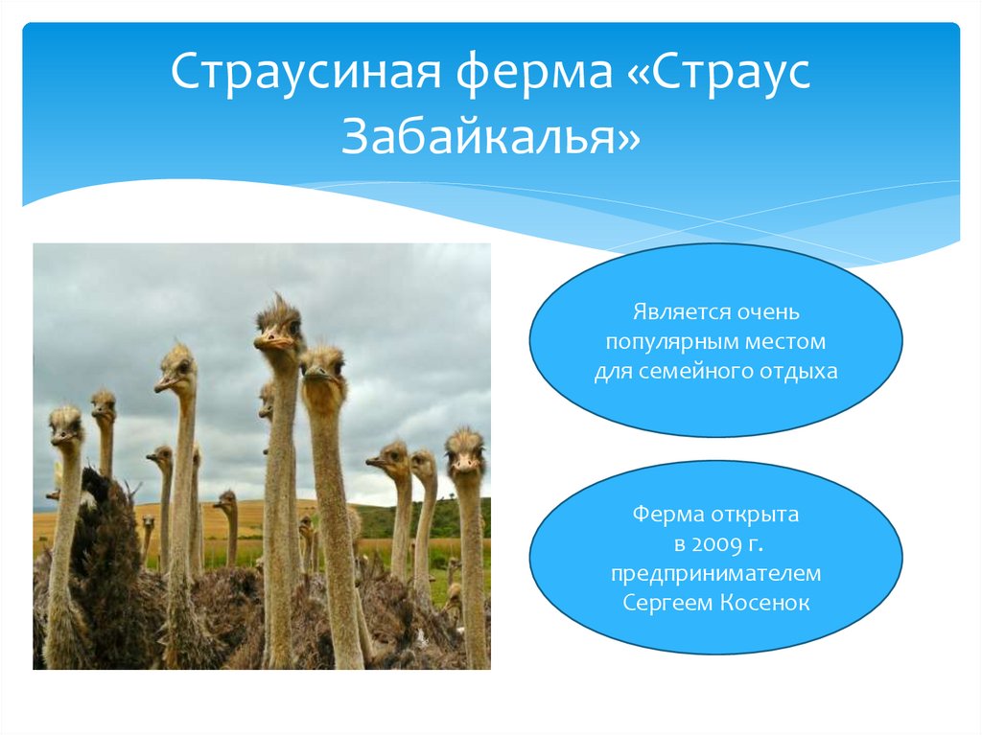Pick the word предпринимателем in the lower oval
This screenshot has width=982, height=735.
click(x=715, y=574)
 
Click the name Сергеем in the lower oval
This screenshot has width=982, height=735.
click(x=667, y=603)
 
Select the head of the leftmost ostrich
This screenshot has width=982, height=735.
click(x=65, y=425)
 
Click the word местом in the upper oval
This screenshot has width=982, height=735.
click(x=784, y=342)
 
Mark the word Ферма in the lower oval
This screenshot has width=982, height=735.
click(x=667, y=516)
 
